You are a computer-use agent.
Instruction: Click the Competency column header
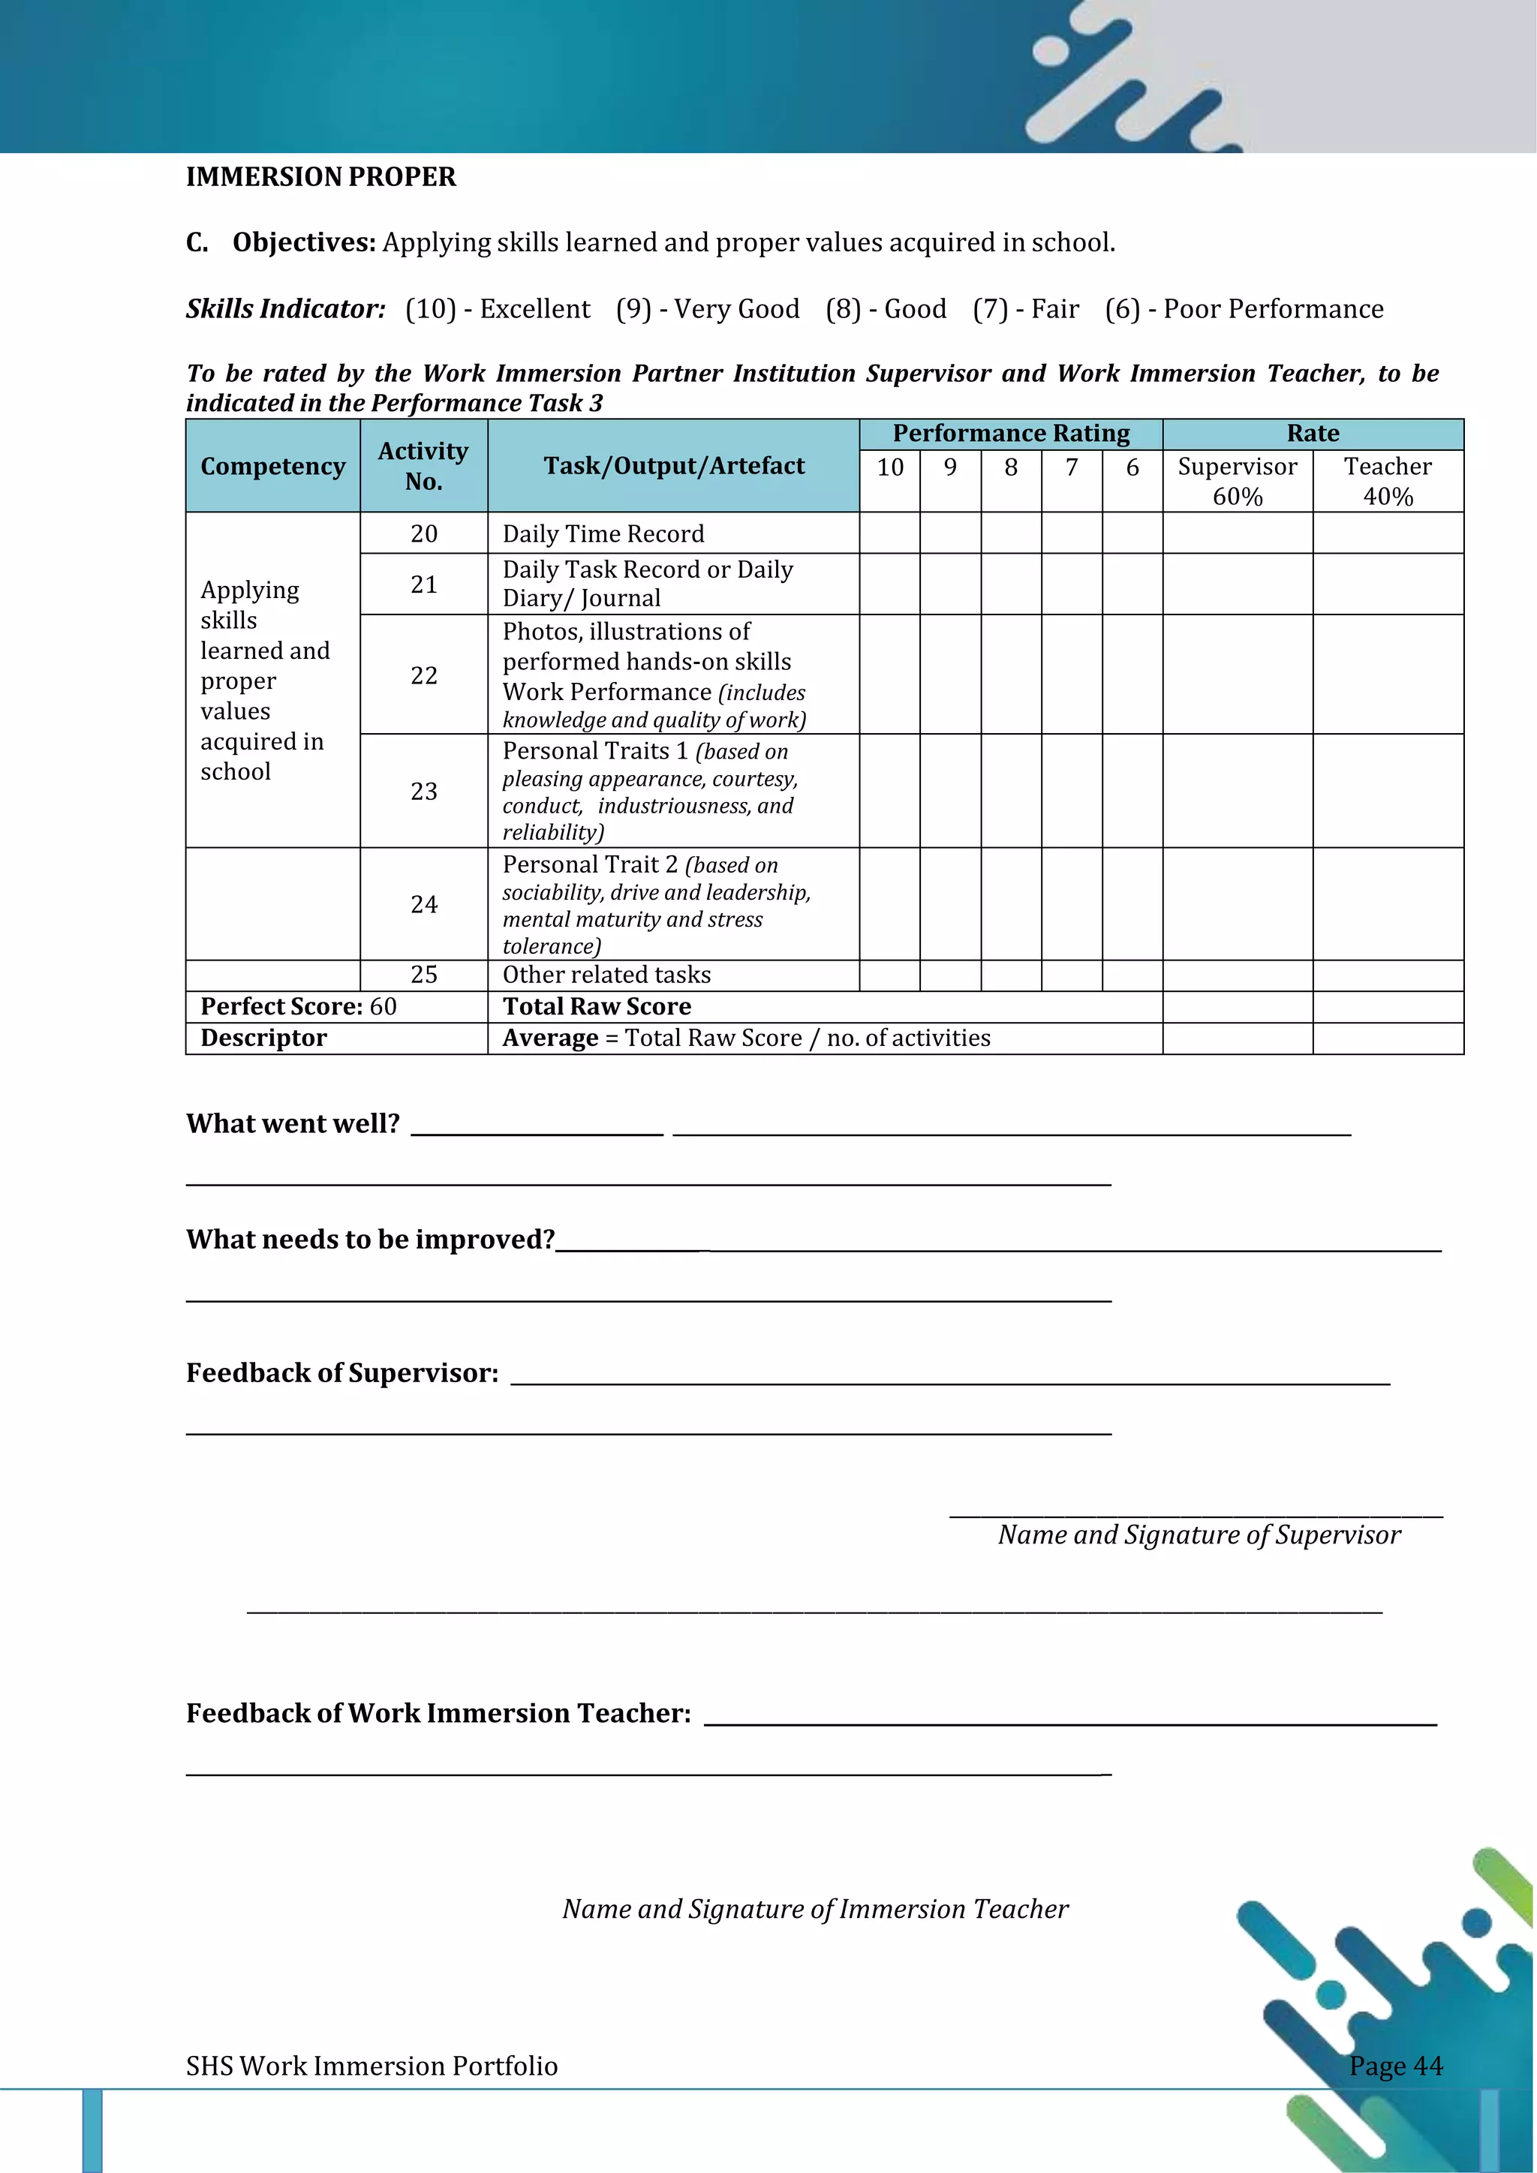pos(272,467)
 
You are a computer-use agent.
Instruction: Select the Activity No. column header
pos(423,466)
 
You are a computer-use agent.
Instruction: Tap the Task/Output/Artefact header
pos(673,466)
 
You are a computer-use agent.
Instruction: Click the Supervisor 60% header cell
pos(1237,481)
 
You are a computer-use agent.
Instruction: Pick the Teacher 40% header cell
pos(1388,481)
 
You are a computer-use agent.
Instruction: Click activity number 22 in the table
pos(423,675)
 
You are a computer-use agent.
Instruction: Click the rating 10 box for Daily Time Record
pos(889,533)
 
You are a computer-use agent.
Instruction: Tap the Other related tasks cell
pos(606,975)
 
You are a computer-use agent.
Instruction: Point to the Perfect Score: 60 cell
pos(298,1006)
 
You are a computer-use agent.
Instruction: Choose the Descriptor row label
pos(263,1038)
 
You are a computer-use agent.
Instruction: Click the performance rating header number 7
pos(1072,467)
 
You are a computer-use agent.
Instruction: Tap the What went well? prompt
pos(293,1123)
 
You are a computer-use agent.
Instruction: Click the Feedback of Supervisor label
pos(341,1373)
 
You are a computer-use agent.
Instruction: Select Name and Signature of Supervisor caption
pos(1199,1534)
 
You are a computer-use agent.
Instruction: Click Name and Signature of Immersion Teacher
pos(815,1909)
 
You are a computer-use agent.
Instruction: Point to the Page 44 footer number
pos(1395,2065)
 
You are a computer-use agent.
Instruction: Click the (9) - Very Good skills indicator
pos(707,309)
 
